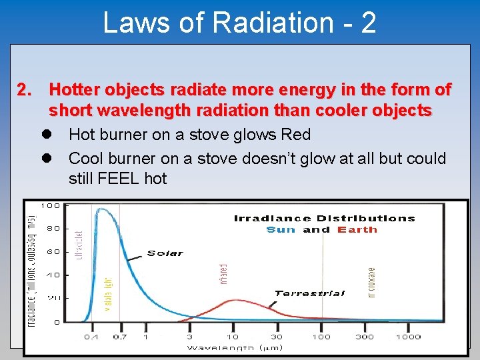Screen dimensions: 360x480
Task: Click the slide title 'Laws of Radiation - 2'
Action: pyautogui.click(x=239, y=22)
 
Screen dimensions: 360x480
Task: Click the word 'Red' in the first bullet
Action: pyautogui.click(x=295, y=135)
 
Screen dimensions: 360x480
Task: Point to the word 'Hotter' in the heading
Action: pyautogui.click(x=73, y=89)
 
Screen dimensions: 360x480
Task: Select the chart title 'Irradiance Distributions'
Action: pyautogui.click(x=324, y=218)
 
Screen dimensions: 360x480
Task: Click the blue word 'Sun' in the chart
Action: pyautogui.click(x=281, y=230)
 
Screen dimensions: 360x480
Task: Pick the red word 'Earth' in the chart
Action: pyautogui.click(x=357, y=230)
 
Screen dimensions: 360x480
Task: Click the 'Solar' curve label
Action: pyautogui.click(x=165, y=253)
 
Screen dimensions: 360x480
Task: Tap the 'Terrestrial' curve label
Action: pyautogui.click(x=310, y=293)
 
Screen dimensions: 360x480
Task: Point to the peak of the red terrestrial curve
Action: pyautogui.click(x=233, y=301)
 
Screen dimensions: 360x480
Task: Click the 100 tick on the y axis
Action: pyautogui.click(x=51, y=205)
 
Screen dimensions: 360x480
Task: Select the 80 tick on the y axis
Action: pyautogui.click(x=53, y=229)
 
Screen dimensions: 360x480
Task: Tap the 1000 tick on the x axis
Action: pyautogui.click(x=407, y=337)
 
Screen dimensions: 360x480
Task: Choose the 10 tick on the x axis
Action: pyautogui.click(x=234, y=337)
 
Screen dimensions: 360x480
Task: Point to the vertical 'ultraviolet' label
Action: pyautogui.click(x=79, y=245)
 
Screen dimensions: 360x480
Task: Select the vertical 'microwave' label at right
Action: pyautogui.click(x=373, y=281)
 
